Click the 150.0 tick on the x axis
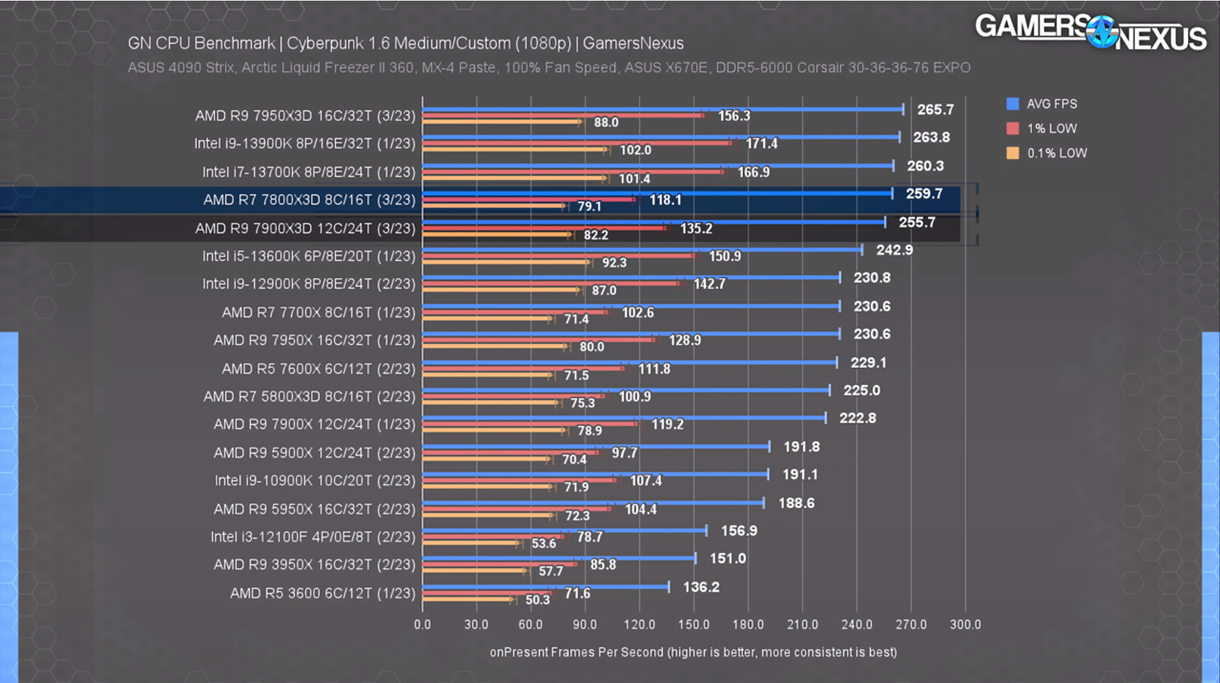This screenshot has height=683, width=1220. (x=693, y=624)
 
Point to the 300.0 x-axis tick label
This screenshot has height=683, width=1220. (x=965, y=624)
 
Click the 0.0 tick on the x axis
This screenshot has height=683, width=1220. (x=422, y=624)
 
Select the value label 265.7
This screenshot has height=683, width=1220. (x=935, y=109)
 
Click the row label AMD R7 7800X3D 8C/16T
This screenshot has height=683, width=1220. (x=309, y=200)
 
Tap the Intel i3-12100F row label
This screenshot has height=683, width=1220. (x=312, y=537)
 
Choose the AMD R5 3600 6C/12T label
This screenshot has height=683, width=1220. (x=322, y=593)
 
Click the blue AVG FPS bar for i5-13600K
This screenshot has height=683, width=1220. (x=641, y=250)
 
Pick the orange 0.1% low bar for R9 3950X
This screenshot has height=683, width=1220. (x=474, y=570)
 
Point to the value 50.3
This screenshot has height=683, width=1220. (x=537, y=599)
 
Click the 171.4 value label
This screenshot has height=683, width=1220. (x=761, y=144)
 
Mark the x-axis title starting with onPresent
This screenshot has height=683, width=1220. (x=693, y=652)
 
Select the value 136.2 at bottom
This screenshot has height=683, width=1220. (x=701, y=587)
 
